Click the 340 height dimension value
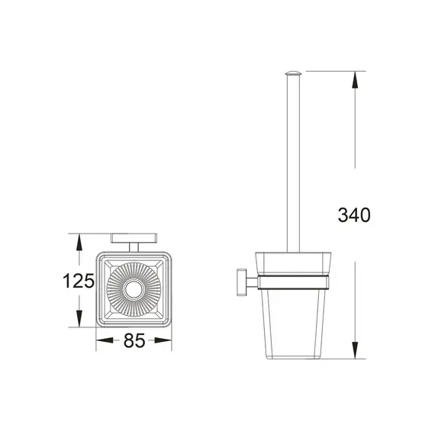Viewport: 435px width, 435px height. click(353, 215)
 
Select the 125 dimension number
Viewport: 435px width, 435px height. click(78, 281)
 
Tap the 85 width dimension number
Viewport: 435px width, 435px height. click(134, 341)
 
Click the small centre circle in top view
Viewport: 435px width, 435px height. click(134, 289)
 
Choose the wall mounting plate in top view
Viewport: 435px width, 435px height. click(134, 237)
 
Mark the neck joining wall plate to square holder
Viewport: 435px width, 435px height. click(134, 246)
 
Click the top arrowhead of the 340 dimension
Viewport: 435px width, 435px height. click(355, 76)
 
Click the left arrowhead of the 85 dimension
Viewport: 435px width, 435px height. click(100, 342)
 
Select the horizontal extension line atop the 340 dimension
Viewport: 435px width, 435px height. click(336, 71)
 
